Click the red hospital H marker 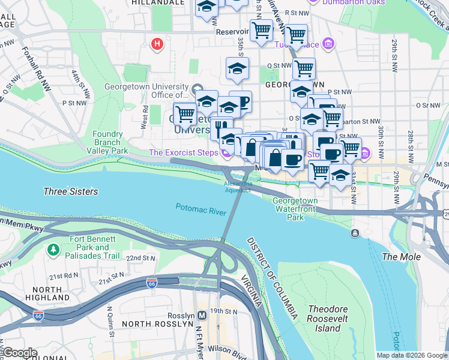157,44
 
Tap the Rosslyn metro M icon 203,315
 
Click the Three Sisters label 70,191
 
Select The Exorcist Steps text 182,153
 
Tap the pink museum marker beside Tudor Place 328,44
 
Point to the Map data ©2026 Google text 411,355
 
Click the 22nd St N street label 142,258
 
